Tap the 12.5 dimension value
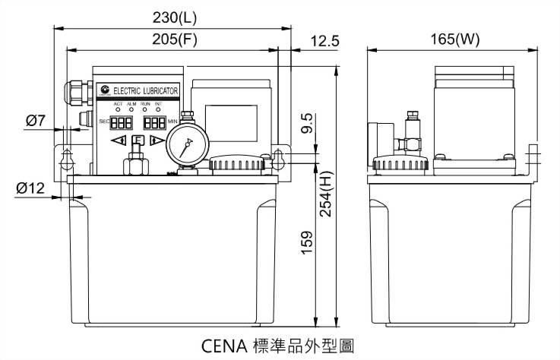pos(324,43)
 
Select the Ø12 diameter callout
pos(31,188)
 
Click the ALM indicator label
pos(131,103)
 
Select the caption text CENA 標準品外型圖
pos(277,346)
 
